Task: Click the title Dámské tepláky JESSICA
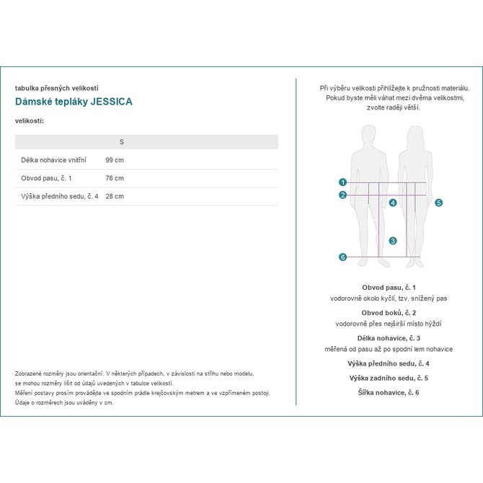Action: (74, 102)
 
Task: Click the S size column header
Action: (121, 142)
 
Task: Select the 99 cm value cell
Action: (115, 159)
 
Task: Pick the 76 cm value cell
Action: (115, 178)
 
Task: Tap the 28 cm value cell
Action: (115, 196)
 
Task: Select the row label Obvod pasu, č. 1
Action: (47, 178)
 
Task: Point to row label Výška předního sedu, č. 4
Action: (60, 196)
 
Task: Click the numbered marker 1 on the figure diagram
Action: (342, 182)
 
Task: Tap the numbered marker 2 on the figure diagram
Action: (342, 195)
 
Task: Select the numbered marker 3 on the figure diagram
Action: (392, 241)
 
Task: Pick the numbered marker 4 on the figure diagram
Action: (393, 203)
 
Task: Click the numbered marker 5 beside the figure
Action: (438, 203)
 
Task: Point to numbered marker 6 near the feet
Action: (342, 257)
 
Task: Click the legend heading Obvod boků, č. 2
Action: (389, 313)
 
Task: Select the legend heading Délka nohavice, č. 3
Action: (389, 338)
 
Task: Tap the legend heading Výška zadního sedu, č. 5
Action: (389, 378)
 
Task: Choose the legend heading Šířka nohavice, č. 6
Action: (389, 392)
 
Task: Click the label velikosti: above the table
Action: (30, 120)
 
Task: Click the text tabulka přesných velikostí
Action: (56, 88)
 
